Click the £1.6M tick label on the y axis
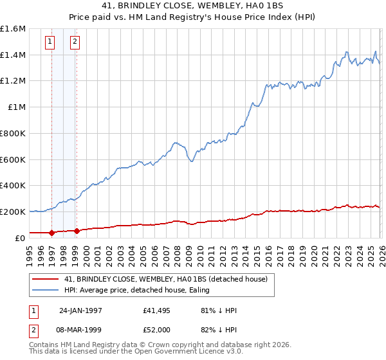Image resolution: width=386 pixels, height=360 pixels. [13, 29]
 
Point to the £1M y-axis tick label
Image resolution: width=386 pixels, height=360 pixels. [17, 107]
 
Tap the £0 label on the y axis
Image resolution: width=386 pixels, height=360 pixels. [21, 238]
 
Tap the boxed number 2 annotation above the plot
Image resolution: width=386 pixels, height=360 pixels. [75, 42]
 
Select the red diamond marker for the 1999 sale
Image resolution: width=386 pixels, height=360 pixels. [77, 231]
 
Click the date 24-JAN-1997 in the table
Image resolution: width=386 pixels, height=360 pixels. [80, 310]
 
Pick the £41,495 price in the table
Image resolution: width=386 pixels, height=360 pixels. [157, 310]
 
